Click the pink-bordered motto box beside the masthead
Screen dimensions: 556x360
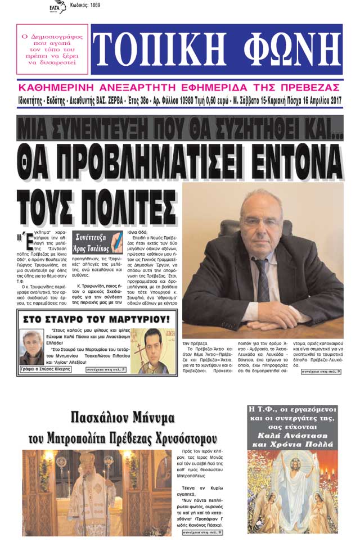(x=52, y=49)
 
